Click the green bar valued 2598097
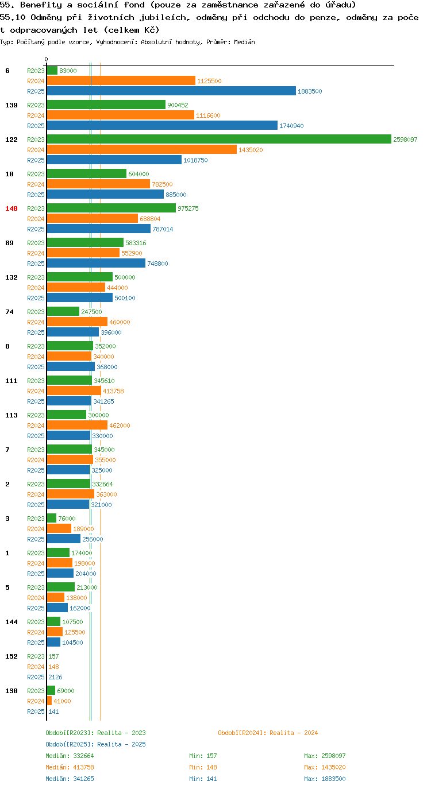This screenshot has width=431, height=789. [x=219, y=139]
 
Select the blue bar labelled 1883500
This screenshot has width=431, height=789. [x=171, y=91]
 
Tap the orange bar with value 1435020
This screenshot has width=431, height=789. [x=142, y=149]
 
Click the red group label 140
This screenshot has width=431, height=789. [x=11, y=208]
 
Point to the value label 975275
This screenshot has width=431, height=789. [x=188, y=208]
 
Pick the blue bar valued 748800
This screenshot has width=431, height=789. [x=96, y=263]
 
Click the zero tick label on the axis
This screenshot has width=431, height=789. [x=46, y=59]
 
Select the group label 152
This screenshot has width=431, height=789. [x=11, y=656]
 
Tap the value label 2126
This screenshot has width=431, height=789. [x=55, y=677]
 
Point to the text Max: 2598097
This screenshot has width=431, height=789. [x=325, y=756]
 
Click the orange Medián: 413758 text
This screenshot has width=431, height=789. [x=70, y=767]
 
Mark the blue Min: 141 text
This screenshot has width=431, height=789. [x=203, y=779]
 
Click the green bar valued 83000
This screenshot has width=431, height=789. [x=52, y=71]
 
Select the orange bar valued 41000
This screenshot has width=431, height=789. [x=49, y=701]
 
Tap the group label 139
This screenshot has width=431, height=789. [x=11, y=105]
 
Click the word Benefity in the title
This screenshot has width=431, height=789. [x=41, y=5]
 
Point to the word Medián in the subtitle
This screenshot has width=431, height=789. [x=244, y=42]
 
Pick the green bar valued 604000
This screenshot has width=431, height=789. [x=86, y=173]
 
